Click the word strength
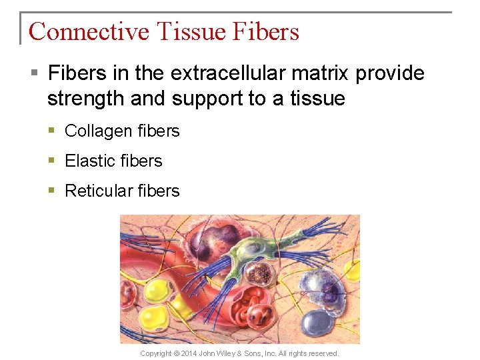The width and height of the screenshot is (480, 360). (x=86, y=99)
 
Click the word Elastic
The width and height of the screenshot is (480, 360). (x=89, y=161)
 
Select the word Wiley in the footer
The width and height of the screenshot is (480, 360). (x=245, y=353)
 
